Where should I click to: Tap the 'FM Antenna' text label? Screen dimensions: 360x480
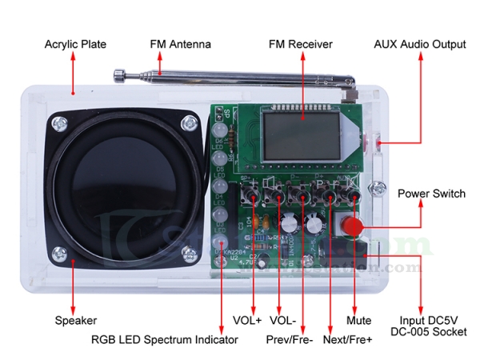coord(180,44)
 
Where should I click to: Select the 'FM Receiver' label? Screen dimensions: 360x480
coord(300,44)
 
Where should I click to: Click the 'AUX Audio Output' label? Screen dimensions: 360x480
coord(419,44)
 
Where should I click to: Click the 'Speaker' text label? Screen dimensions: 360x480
coord(75,321)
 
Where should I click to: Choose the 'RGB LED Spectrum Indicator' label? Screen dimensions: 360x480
coord(164,339)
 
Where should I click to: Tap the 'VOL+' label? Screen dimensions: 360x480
coord(247,321)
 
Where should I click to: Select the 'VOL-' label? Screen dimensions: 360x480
coord(282,321)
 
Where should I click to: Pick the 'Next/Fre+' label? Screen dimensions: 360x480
coord(348,339)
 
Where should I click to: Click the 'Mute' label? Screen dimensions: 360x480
coord(358,321)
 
